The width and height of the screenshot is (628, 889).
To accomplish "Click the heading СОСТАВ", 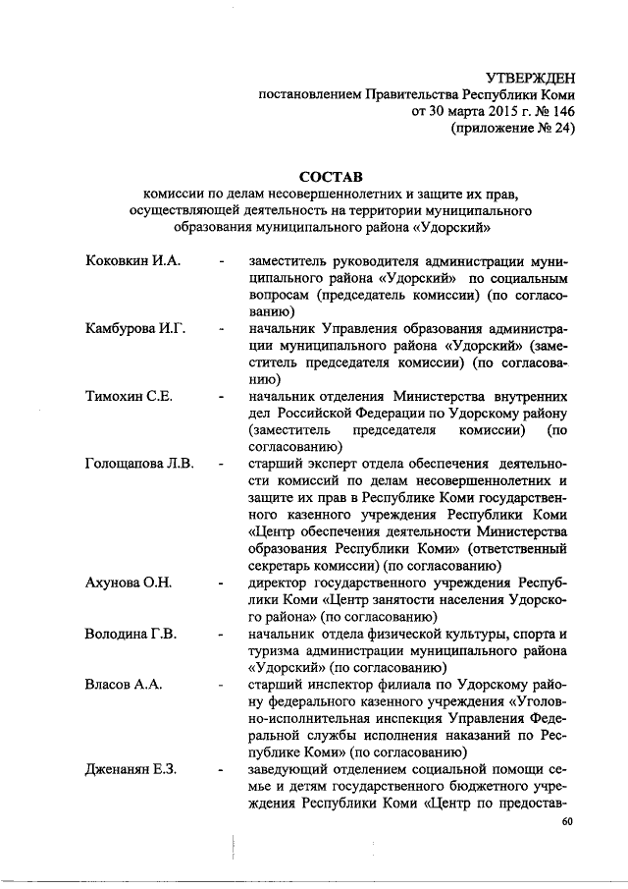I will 331,177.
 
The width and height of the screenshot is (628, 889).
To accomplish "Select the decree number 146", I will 558,112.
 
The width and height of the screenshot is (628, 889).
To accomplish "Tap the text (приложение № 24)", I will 511,129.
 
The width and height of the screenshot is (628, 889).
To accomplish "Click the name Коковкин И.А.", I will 130,263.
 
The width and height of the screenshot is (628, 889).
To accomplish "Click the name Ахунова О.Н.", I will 130,583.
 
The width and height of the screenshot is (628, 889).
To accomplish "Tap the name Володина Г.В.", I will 131,634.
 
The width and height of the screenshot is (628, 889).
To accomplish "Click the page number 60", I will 567,822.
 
